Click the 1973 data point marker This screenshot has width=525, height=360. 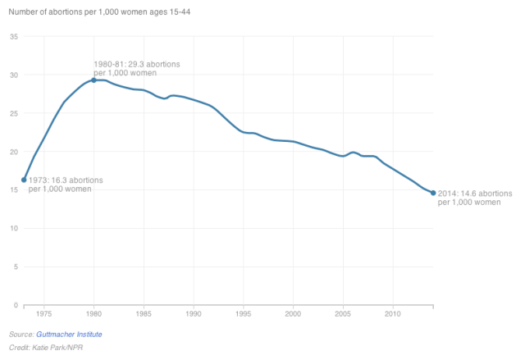(x=24, y=180)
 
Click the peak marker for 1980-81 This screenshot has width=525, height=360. (x=94, y=80)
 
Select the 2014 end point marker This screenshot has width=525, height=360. (x=433, y=193)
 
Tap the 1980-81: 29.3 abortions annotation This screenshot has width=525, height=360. (x=137, y=68)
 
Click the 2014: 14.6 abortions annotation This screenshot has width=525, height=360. (x=475, y=197)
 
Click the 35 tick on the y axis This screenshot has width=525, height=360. (x=14, y=37)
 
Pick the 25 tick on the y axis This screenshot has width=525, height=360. (x=14, y=113)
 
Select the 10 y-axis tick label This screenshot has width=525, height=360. (x=14, y=228)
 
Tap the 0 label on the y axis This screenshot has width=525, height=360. (x=16, y=305)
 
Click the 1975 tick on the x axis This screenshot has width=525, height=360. (x=43, y=313)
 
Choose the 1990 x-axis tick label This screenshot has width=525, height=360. (x=193, y=313)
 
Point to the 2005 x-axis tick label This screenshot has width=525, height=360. (x=343, y=313)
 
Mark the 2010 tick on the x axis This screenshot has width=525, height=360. (x=393, y=313)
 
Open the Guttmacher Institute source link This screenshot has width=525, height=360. (x=70, y=335)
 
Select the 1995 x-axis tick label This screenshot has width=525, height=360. (x=243, y=313)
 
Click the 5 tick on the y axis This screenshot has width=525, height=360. (x=16, y=267)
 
